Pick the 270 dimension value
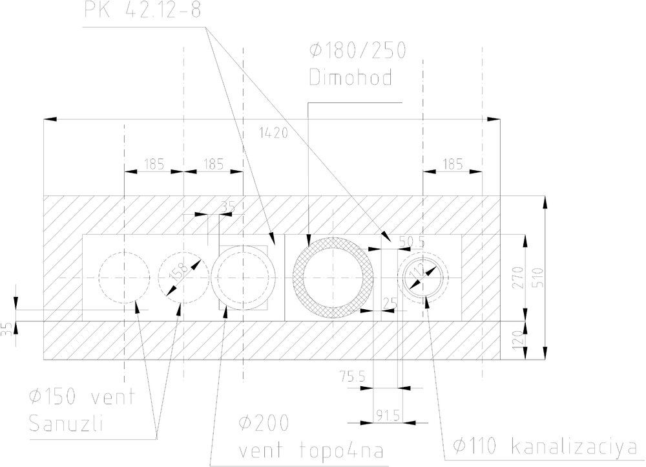tap(514, 276)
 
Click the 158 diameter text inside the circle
tap(174, 274)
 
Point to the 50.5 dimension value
tap(412, 241)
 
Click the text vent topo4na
tap(304, 450)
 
